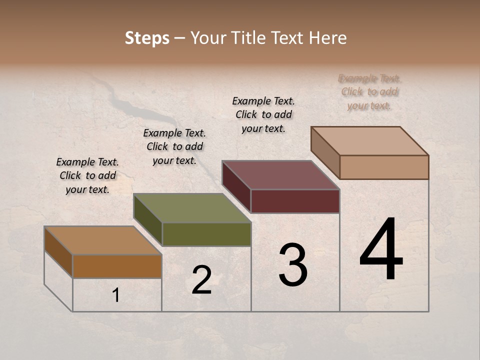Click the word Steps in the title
(x=147, y=38)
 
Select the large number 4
(x=381, y=250)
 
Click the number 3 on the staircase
(x=292, y=265)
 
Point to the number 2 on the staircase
(x=201, y=280)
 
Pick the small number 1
(x=116, y=295)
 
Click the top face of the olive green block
(x=192, y=208)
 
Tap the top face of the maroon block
(x=281, y=175)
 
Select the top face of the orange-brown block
(x=103, y=240)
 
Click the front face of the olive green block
(x=206, y=234)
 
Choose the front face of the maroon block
(x=295, y=201)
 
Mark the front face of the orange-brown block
(x=117, y=266)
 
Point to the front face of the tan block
(x=384, y=167)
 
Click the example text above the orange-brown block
(x=87, y=175)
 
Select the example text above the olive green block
(x=174, y=146)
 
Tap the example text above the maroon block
(x=263, y=114)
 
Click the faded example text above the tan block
(x=369, y=92)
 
